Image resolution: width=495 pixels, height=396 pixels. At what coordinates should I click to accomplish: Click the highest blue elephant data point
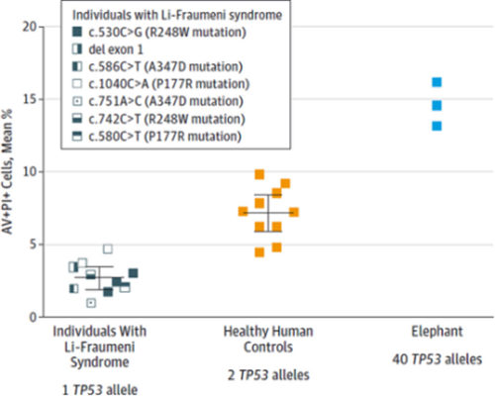coord(437,82)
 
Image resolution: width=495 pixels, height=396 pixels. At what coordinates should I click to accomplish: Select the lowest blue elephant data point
coord(437,126)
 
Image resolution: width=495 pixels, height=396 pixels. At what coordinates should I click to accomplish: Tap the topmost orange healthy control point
coord(259,174)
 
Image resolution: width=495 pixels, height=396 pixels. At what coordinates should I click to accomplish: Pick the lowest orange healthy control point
coord(259,252)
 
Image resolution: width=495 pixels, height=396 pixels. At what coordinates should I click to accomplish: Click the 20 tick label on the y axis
coord(30,27)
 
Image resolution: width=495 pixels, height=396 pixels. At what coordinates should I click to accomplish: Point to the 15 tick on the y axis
coord(30,99)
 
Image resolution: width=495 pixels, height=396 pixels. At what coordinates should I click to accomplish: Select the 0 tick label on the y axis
coord(33,318)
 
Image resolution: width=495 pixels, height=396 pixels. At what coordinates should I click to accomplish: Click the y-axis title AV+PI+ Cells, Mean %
coord(7,171)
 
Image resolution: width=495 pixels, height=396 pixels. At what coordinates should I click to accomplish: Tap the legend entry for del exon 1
coord(108,49)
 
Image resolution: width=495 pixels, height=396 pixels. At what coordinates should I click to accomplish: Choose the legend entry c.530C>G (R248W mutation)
coord(159,33)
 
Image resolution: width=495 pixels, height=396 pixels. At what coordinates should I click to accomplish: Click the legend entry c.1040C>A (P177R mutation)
coord(160,84)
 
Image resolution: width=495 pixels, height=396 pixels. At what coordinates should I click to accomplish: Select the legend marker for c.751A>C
coord(77,101)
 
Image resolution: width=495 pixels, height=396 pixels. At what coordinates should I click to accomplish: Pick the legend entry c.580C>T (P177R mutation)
coord(156,136)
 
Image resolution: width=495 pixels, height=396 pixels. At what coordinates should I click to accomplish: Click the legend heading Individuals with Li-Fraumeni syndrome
coord(177,15)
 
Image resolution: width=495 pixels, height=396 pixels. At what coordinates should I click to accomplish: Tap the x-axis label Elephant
coord(437,332)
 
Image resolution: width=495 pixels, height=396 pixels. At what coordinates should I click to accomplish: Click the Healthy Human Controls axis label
coord(268,340)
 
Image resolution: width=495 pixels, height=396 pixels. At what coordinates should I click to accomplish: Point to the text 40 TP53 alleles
coord(437,359)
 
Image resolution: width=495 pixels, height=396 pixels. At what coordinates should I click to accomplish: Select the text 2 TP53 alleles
coord(268,375)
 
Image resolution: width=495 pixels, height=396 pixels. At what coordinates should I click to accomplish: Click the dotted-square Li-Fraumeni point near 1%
coord(91,303)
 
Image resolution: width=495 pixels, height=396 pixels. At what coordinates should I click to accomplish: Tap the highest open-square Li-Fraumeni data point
coord(108,248)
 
